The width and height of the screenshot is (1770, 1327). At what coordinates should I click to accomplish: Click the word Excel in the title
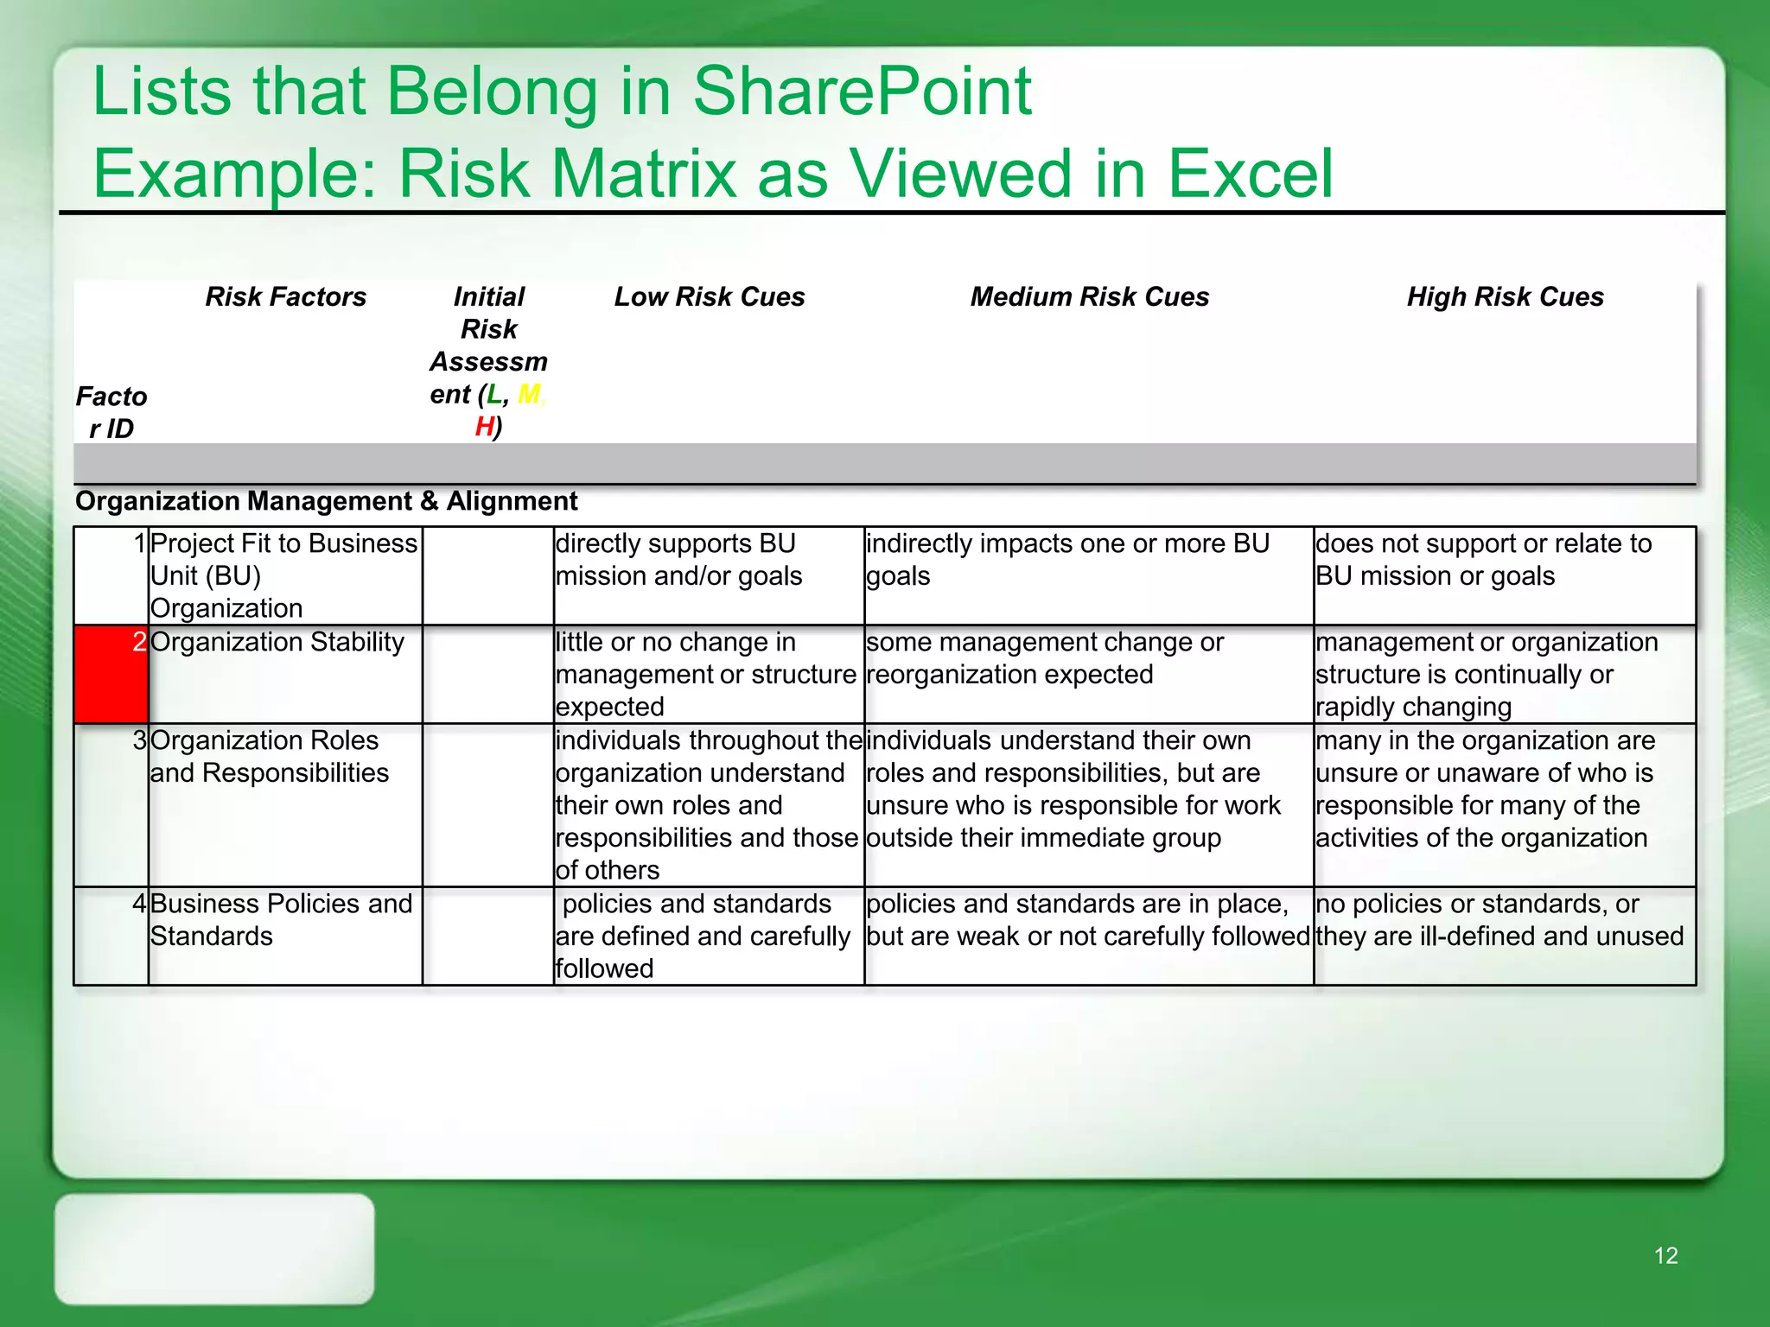tap(1251, 174)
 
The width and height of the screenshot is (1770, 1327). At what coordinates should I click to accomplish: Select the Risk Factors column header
tap(285, 297)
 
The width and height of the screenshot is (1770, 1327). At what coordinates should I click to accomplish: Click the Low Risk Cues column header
tap(709, 297)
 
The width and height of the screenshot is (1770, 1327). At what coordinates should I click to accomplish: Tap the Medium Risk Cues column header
tap(1089, 297)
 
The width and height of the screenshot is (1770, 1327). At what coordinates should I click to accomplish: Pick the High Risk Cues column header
tap(1505, 297)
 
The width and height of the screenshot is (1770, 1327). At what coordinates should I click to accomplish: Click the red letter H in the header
tap(484, 427)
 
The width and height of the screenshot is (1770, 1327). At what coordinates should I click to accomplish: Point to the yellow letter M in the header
tap(528, 395)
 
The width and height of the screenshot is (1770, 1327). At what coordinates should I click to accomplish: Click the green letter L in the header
tap(493, 395)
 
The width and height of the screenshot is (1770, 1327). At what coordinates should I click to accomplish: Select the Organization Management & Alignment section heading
tap(326, 501)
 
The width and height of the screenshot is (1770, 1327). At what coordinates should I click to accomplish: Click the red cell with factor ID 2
tap(111, 674)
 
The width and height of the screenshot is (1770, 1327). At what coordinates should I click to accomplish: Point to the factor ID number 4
tap(139, 904)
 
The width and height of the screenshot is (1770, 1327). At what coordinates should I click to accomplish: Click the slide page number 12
tap(1665, 1255)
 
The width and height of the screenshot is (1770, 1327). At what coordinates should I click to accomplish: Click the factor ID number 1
tap(139, 543)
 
